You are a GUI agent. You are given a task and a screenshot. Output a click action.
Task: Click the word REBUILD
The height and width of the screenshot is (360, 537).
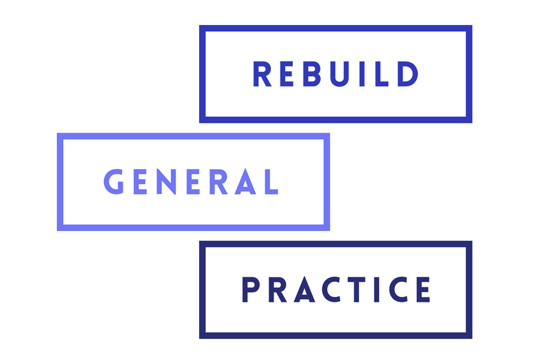coord(335,75)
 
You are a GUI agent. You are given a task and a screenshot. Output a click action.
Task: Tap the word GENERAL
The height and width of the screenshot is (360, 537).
coord(191,182)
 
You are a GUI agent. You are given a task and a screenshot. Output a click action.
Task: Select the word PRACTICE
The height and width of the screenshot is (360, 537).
coord(336,290)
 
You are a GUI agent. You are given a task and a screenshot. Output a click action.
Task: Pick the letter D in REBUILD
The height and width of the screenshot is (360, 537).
coord(408,75)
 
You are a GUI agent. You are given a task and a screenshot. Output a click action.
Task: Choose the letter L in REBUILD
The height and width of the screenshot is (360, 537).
coord(381,75)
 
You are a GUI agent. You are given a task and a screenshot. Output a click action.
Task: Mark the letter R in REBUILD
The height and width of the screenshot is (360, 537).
coord(262,75)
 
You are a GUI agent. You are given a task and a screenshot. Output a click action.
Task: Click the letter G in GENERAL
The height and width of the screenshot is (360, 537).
coord(115,182)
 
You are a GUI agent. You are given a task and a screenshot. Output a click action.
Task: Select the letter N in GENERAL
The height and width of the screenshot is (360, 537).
coord(168,182)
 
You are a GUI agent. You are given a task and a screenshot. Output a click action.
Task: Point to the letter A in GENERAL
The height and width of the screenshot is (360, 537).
coord(245,182)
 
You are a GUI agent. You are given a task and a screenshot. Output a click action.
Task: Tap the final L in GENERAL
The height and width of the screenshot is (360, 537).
coord(270,182)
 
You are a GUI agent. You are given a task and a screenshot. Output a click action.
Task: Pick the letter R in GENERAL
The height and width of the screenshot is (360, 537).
coord(219,182)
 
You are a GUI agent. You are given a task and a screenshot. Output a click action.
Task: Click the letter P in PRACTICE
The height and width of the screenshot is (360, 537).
coord(250,290)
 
